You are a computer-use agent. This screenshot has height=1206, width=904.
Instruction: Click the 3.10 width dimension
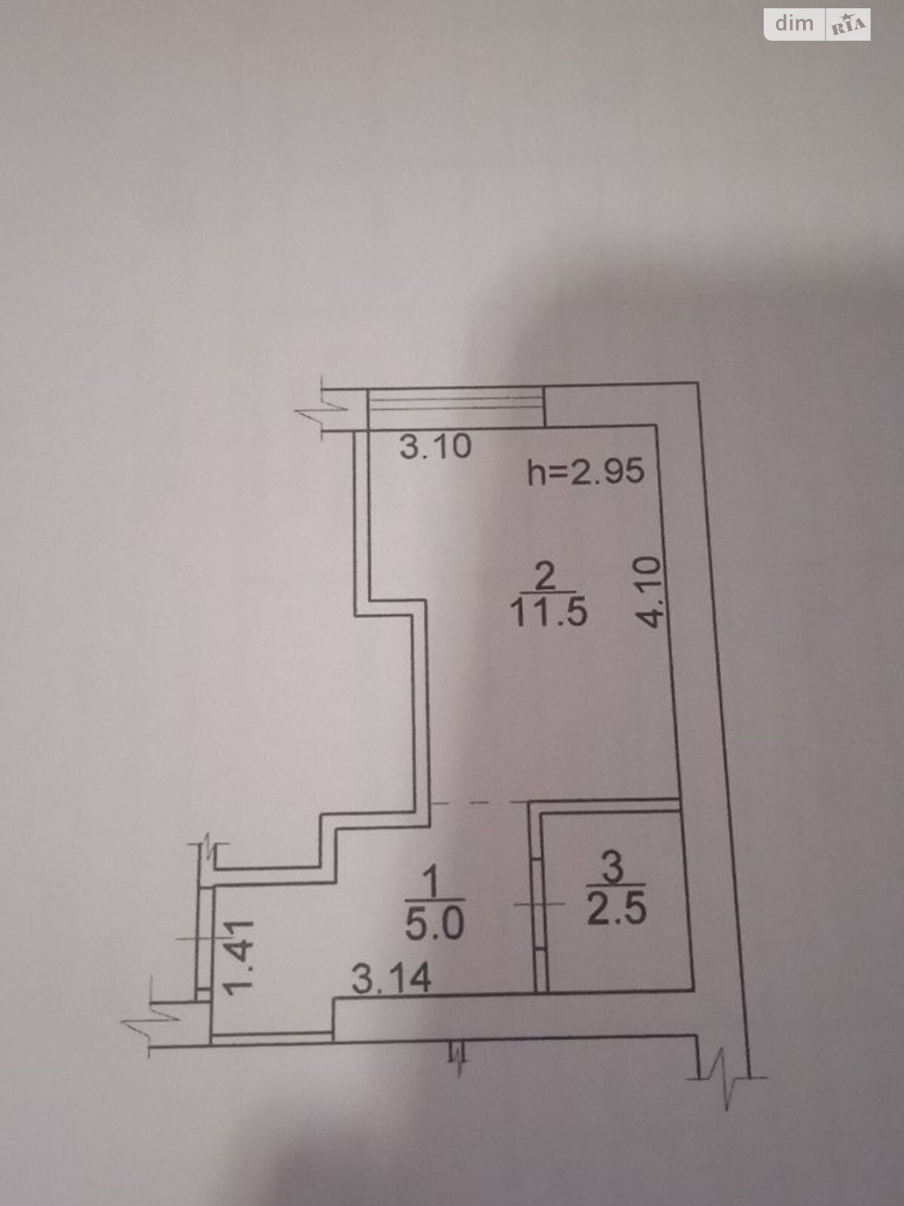coord(435,447)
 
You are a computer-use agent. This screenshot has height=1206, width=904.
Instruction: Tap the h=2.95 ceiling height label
coord(586,472)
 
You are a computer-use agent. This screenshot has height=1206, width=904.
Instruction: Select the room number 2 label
coord(545,577)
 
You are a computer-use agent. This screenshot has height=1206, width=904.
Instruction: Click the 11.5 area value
coord(548,612)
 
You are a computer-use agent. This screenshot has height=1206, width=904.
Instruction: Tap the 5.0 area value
coord(435,923)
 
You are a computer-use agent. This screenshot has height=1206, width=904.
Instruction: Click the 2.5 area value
coord(617,910)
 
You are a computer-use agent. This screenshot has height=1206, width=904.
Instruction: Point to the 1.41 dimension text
coord(240,957)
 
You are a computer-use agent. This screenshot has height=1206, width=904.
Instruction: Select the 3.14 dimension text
coord(392,978)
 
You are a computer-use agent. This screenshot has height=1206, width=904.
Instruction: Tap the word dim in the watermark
coord(794,24)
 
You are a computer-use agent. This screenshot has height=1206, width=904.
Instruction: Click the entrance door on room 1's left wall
coord(203,938)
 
